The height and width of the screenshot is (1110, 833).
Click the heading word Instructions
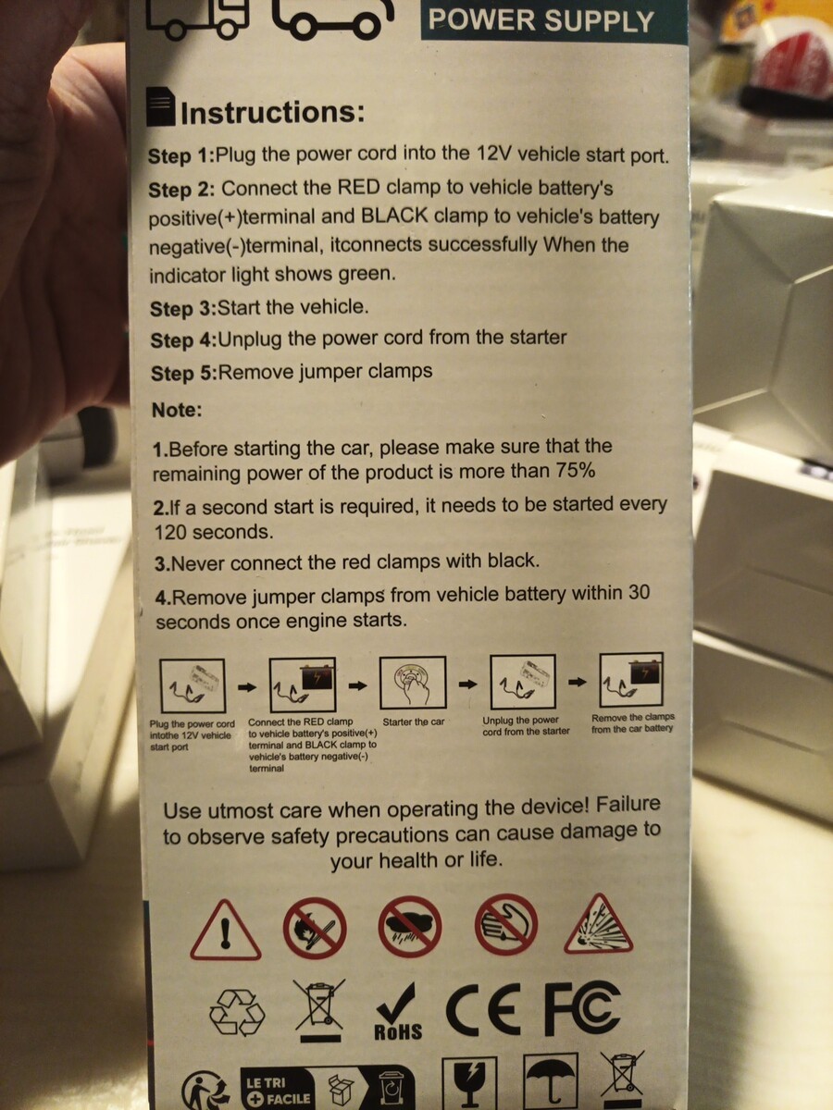click(273, 112)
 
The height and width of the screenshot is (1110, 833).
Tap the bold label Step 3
click(183, 308)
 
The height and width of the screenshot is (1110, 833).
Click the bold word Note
click(177, 410)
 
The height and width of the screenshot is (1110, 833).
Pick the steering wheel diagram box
click(413, 682)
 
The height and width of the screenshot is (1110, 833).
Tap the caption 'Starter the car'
click(413, 721)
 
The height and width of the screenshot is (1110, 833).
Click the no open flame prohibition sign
click(315, 929)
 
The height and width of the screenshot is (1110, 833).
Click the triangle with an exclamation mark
click(226, 931)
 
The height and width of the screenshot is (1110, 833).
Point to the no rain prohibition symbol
click(410, 927)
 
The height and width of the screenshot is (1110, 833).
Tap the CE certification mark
click(482, 1009)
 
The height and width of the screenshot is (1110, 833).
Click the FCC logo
click(581, 1007)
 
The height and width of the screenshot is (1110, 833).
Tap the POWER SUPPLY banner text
click(541, 20)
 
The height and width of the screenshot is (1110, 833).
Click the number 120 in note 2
click(170, 532)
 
